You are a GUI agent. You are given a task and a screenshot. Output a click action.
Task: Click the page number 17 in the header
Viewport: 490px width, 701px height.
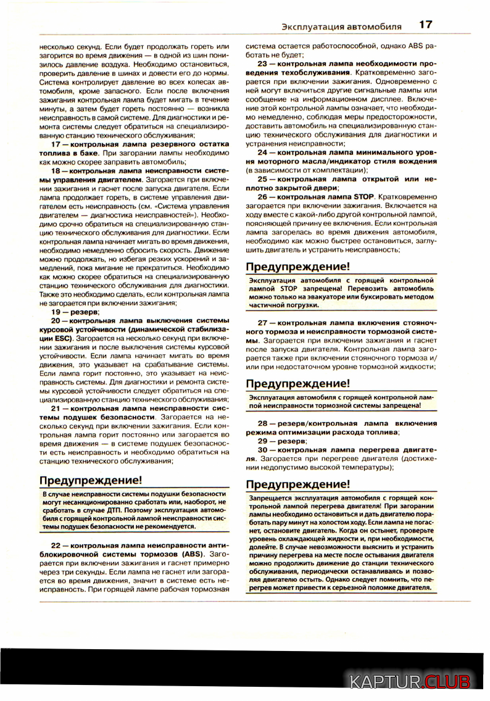(425, 25)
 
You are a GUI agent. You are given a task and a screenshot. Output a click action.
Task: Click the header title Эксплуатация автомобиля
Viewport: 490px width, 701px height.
(341, 27)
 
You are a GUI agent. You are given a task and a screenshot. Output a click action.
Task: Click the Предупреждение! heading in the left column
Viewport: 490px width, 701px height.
(91, 480)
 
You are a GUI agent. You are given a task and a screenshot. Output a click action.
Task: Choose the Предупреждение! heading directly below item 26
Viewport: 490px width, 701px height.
(297, 267)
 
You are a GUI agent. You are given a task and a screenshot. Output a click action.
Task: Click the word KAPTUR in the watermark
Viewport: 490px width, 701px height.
(386, 682)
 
